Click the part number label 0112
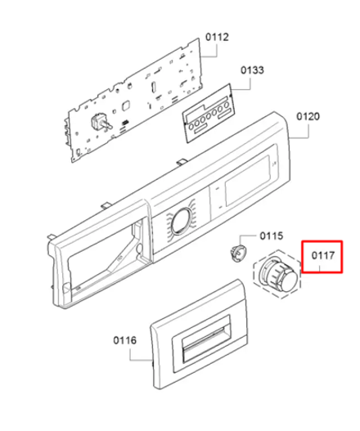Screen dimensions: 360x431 pyautogui.click(x=217, y=37)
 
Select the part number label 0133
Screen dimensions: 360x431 pyautogui.click(x=252, y=70)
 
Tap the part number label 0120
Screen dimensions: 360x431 pyautogui.click(x=308, y=117)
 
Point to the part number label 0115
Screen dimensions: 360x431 pyautogui.click(x=271, y=236)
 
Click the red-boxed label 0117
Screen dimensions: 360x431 pyautogui.click(x=323, y=256)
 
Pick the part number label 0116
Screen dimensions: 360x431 pyautogui.click(x=125, y=340)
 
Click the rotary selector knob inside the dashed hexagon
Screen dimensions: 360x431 pyautogui.click(x=278, y=274)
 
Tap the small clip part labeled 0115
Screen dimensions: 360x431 pyautogui.click(x=237, y=253)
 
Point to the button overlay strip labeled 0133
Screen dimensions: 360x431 pyautogui.click(x=209, y=113)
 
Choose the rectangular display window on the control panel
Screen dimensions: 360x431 pyautogui.click(x=249, y=181)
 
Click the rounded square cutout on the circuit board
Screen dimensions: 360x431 pyautogui.click(x=126, y=106)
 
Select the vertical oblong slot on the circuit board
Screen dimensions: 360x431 pyautogui.click(x=153, y=88)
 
